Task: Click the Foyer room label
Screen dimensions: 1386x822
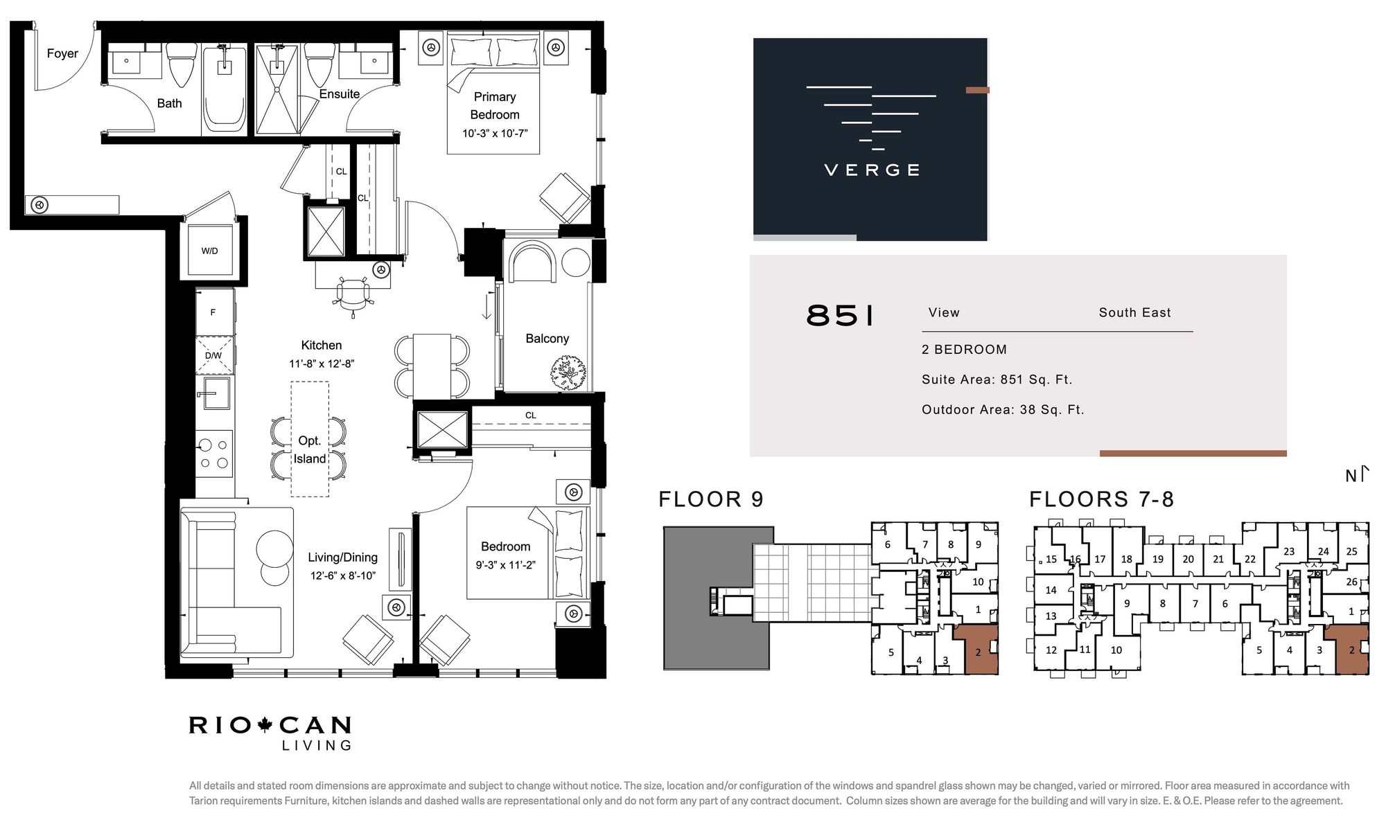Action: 62,53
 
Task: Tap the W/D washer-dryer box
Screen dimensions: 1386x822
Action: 209,251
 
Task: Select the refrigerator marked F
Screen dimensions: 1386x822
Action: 214,312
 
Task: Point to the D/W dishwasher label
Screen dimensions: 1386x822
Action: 213,356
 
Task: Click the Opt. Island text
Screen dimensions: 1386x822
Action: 310,449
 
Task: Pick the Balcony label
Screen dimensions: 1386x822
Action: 547,339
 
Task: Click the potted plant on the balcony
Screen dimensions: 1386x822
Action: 568,373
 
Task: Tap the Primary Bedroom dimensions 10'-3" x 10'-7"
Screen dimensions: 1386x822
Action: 495,133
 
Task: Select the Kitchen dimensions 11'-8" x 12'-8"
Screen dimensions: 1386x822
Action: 322,364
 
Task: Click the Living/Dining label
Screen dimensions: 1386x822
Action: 342,557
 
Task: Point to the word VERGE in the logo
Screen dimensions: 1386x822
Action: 872,170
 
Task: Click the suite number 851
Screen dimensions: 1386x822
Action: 841,316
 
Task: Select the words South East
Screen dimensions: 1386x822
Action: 1134,312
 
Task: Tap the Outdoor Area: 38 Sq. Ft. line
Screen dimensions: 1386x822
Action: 1003,410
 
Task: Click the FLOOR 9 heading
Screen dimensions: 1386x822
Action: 711,499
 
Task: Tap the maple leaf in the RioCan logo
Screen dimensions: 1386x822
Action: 264,725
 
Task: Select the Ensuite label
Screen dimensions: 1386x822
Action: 340,94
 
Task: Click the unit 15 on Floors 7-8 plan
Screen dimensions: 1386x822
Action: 1051,560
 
